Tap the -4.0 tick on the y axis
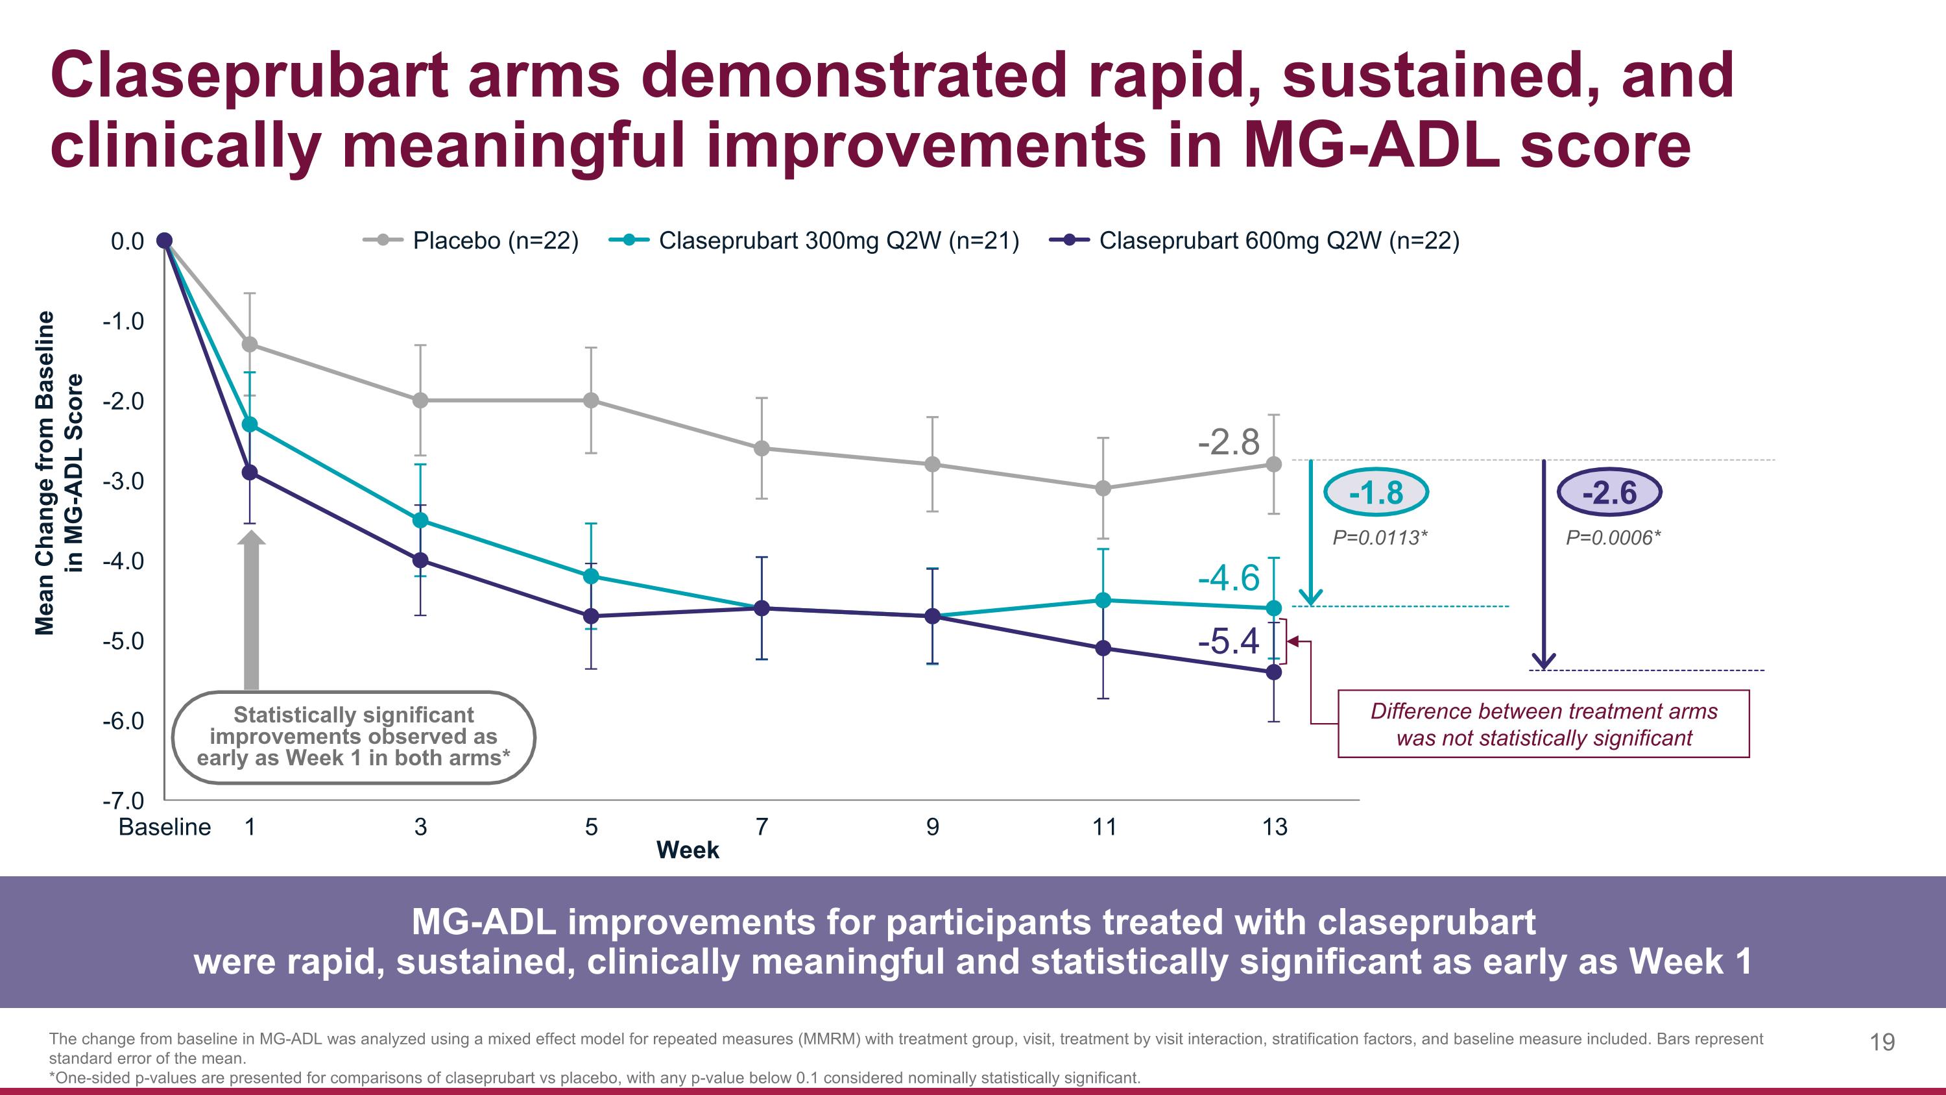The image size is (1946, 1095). (x=123, y=561)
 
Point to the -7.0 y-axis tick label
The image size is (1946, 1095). (x=123, y=800)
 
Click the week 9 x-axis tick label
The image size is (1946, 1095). (x=932, y=827)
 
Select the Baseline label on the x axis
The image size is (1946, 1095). (x=165, y=827)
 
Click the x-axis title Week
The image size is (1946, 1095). (x=688, y=850)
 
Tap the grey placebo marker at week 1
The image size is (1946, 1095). (x=249, y=345)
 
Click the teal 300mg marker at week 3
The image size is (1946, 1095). (x=421, y=521)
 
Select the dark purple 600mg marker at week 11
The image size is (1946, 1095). (x=1103, y=648)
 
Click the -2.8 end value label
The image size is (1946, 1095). (x=1229, y=442)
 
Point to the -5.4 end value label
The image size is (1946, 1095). (x=1229, y=641)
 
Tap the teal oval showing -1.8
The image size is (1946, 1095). (x=1376, y=493)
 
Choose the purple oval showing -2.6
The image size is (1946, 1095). (x=1609, y=493)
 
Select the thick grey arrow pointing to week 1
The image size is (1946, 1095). (x=252, y=612)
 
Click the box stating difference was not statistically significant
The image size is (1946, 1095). (x=1543, y=724)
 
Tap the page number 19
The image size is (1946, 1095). (x=1882, y=1042)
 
